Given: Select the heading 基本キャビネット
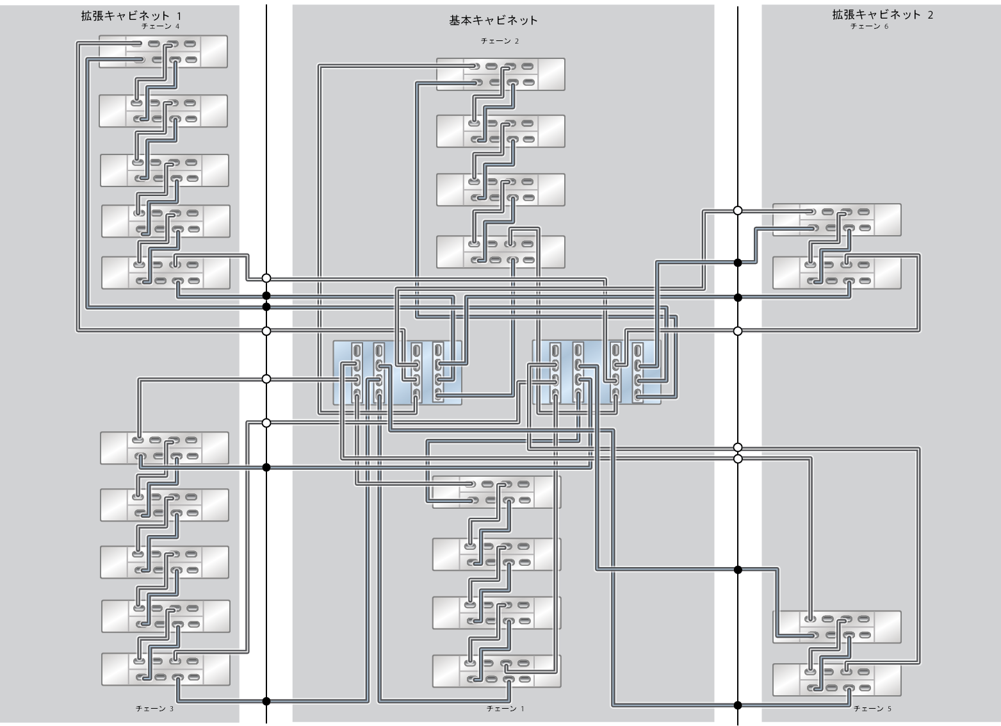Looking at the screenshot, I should click(493, 20).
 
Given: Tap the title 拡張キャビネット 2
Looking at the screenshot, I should click(882, 15).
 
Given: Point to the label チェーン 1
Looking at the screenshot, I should click(505, 709).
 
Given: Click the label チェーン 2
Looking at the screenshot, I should click(500, 41).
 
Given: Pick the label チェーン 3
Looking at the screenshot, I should click(154, 709).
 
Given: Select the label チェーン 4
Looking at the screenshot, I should click(160, 26).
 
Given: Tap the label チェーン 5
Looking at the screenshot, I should click(872, 709).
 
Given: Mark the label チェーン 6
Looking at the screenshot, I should click(869, 26).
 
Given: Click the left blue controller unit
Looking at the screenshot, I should click(397, 373).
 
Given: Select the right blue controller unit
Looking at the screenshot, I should click(596, 373).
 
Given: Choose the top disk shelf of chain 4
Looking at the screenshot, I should click(163, 52).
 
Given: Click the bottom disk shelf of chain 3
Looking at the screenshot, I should click(165, 668).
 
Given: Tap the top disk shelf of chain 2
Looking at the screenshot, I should click(500, 74).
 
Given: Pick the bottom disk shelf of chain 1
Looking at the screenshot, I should click(496, 671).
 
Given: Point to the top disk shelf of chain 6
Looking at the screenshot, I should click(836, 220).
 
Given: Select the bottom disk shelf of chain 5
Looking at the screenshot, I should click(836, 680).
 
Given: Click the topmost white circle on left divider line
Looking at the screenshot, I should click(266, 278).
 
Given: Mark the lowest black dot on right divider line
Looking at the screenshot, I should click(738, 705).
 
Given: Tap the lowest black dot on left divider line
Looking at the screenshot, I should click(266, 700).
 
